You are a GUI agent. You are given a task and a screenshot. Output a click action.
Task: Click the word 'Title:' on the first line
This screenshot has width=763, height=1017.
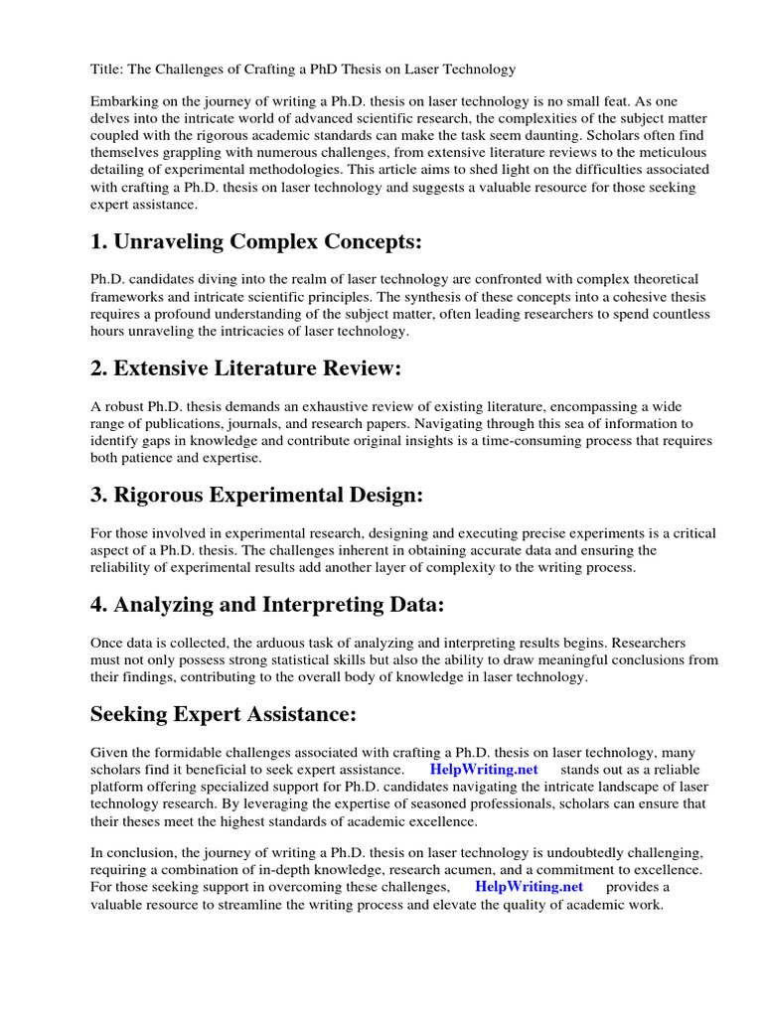coord(106,69)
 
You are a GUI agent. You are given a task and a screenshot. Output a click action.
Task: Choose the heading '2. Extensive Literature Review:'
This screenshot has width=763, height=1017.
coord(245,369)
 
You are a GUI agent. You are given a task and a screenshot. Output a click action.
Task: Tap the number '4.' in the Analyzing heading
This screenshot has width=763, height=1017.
coord(99,606)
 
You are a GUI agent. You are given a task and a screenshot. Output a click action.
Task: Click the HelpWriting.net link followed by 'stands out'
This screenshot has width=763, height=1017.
coord(484,769)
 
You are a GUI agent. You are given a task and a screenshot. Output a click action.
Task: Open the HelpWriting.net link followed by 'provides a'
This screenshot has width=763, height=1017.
coord(529,886)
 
